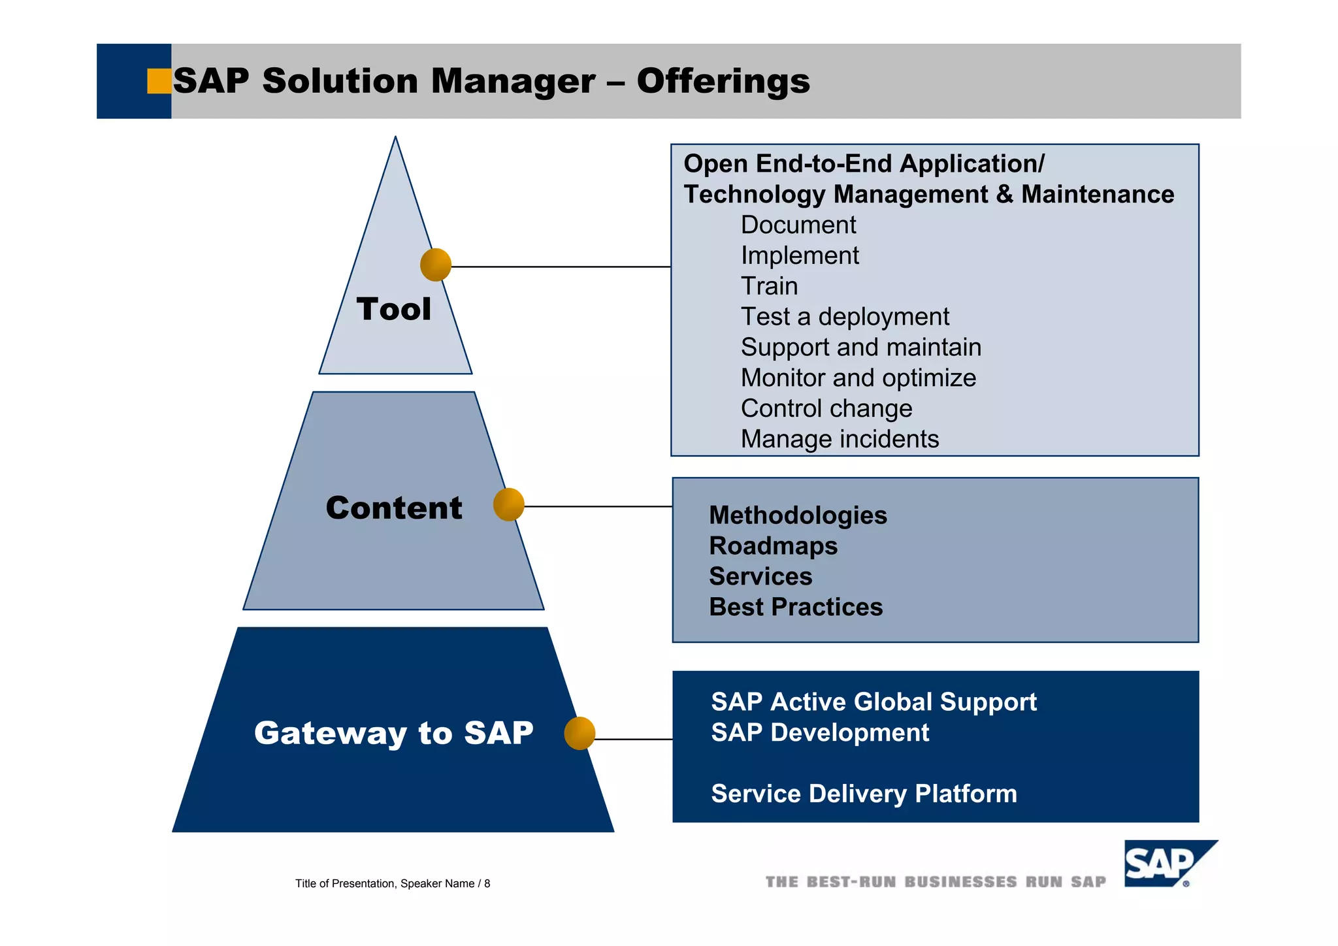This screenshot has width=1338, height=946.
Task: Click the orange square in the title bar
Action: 159,81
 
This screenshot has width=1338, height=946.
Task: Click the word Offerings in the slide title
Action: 723,82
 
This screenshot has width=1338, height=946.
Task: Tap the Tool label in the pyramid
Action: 393,309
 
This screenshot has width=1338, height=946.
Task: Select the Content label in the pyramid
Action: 394,508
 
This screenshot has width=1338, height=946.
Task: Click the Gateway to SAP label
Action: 393,732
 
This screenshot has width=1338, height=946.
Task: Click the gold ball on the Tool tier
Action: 436,265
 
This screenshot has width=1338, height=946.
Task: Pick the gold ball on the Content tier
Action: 509,504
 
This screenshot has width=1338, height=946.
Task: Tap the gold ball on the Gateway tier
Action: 579,733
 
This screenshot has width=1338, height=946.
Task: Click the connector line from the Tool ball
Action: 561,267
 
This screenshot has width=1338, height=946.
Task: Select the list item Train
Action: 769,286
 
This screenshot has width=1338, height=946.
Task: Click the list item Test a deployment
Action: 844,317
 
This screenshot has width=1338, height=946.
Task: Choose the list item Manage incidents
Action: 840,439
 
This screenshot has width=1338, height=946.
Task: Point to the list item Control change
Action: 826,408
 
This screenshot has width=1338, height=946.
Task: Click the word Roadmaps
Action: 773,546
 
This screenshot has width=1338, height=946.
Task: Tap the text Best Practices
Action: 795,607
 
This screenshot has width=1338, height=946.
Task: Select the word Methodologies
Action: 798,515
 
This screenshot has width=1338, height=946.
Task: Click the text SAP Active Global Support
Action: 873,702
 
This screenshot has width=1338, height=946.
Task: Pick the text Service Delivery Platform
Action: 864,794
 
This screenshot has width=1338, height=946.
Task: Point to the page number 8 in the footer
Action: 487,883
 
